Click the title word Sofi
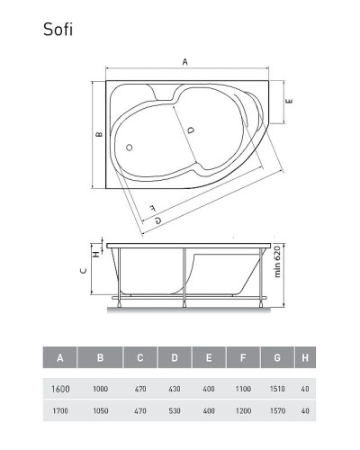(58, 29)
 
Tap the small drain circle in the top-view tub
(129, 147)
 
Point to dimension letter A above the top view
(185, 62)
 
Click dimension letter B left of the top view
(98, 135)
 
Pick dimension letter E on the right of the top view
(289, 101)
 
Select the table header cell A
(59, 358)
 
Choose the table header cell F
(244, 358)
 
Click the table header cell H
(305, 358)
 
